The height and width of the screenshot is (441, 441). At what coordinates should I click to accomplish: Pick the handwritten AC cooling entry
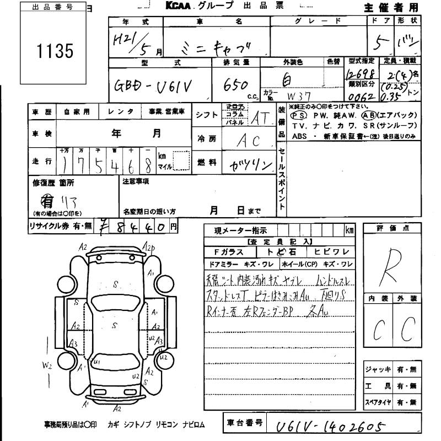click(248, 140)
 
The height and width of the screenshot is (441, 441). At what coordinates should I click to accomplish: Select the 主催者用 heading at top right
click(391, 7)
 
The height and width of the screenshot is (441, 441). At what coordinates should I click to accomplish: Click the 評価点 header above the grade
click(392, 228)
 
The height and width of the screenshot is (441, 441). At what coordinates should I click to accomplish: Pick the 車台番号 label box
click(244, 423)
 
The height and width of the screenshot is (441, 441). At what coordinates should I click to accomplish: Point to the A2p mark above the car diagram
click(149, 247)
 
